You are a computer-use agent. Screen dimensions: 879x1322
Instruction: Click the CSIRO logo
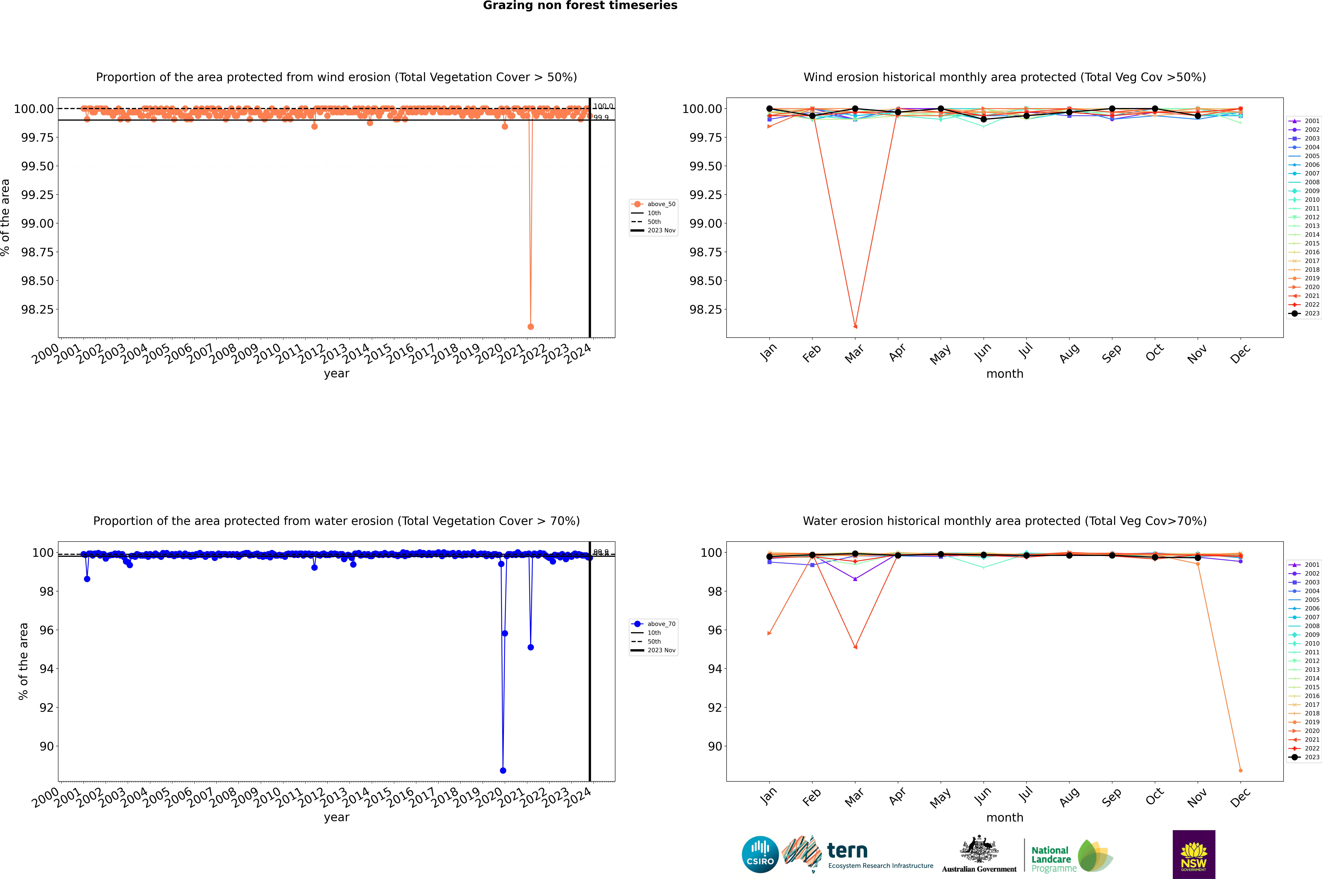[760, 854]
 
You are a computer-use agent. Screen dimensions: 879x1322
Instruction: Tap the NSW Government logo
[1194, 854]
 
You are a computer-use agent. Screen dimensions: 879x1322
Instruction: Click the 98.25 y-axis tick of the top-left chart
[37, 309]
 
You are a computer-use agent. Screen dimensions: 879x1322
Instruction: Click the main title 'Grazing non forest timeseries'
[580, 6]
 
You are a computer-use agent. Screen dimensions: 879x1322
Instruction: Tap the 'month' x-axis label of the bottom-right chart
[1004, 817]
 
